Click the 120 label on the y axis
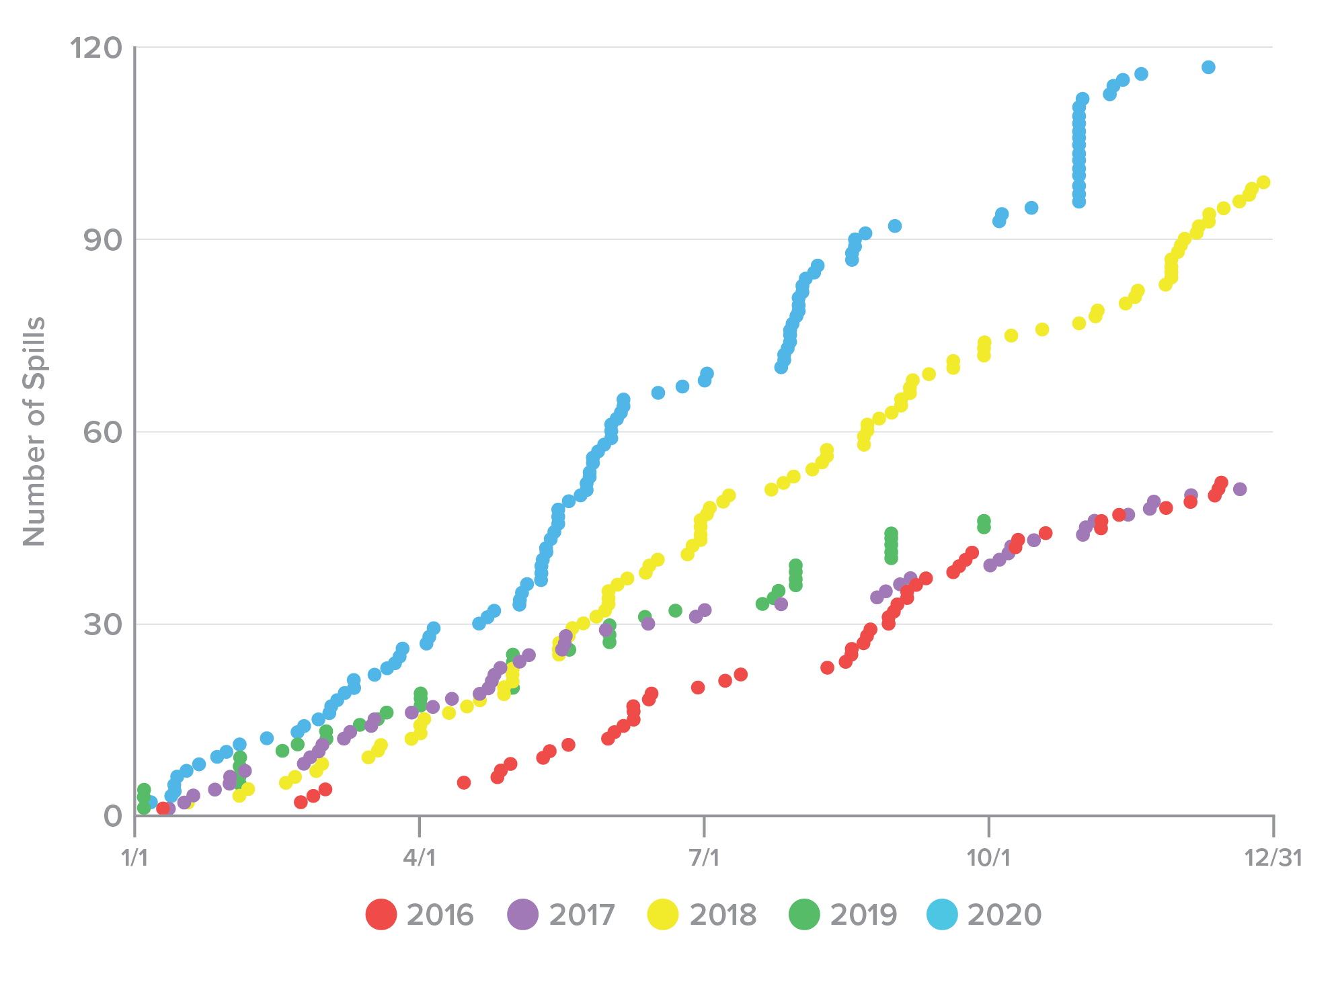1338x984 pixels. [96, 48]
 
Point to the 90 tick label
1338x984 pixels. [103, 240]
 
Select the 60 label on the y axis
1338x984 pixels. [103, 432]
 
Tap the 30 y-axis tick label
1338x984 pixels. [103, 624]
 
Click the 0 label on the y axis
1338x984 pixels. [113, 816]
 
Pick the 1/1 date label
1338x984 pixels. [134, 858]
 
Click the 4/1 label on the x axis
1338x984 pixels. [420, 858]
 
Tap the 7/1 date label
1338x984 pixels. [704, 858]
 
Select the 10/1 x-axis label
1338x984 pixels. [988, 858]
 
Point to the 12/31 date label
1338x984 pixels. [1273, 858]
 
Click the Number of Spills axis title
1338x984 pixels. [34, 431]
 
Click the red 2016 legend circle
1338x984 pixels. [381, 915]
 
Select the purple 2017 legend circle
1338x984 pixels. [523, 915]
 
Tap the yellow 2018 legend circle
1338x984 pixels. [663, 915]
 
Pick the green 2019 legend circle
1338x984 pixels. [804, 915]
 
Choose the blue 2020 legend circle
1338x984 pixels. [942, 915]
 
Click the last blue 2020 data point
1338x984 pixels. [1208, 67]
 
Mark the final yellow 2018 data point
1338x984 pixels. [1263, 182]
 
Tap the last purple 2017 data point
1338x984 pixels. [1240, 489]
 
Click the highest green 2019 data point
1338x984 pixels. [984, 520]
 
